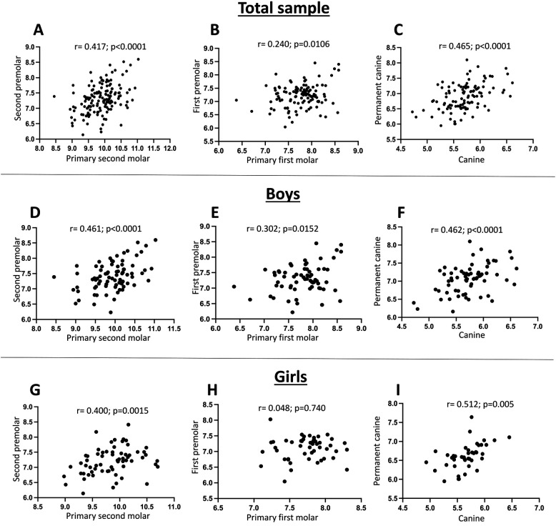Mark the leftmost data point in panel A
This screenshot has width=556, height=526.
click(54, 96)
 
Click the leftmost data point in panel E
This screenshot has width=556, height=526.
click(234, 287)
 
